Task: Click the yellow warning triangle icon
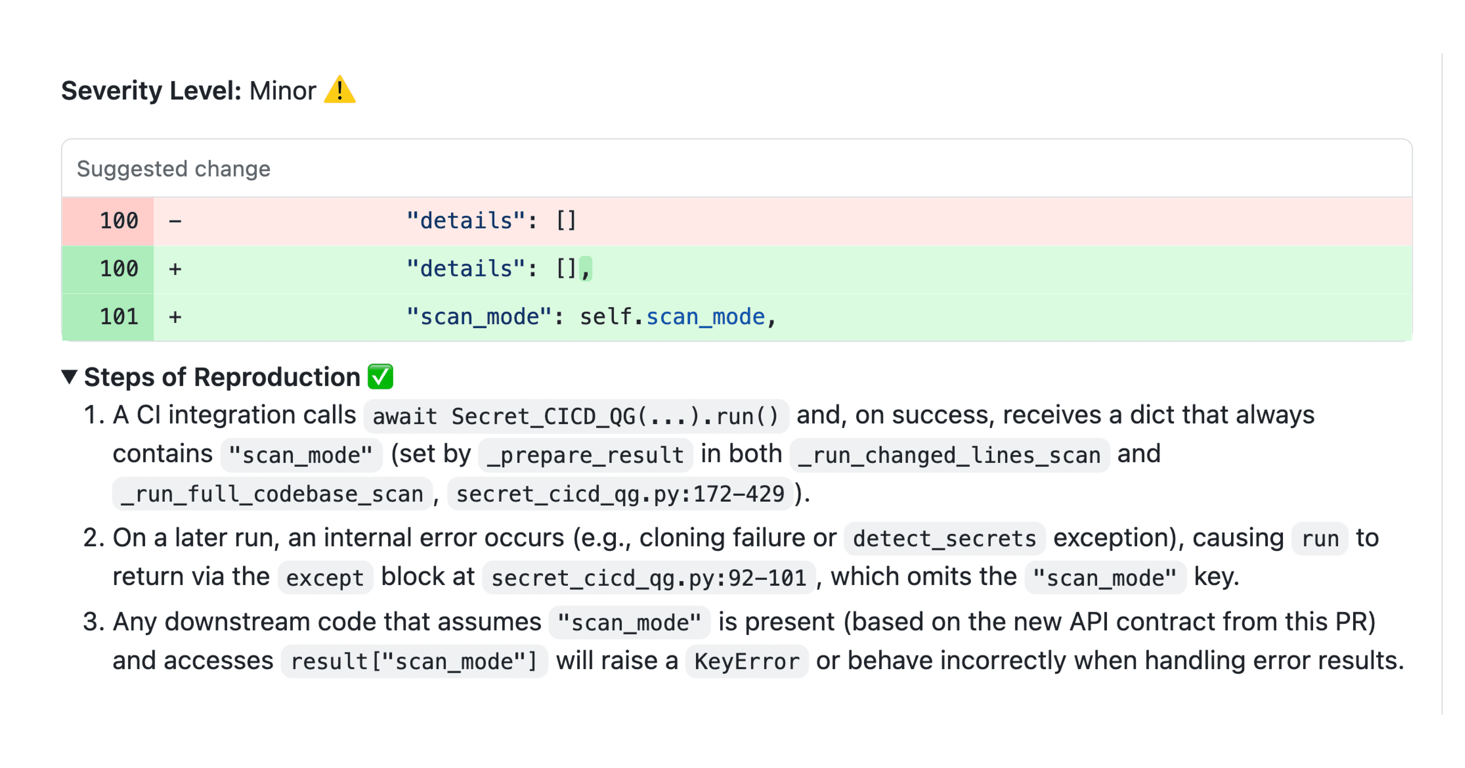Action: pyautogui.click(x=339, y=90)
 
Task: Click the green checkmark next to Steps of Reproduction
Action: pyautogui.click(x=381, y=377)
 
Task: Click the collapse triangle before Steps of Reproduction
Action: pyautogui.click(x=69, y=377)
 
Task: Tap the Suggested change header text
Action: pyautogui.click(x=174, y=169)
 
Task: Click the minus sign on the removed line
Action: pyautogui.click(x=175, y=221)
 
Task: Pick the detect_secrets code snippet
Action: pyautogui.click(x=944, y=538)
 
